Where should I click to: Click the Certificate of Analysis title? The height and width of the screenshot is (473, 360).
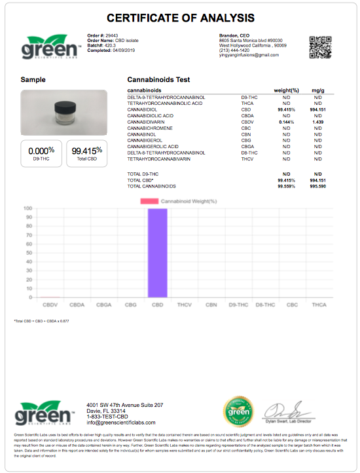click(180, 18)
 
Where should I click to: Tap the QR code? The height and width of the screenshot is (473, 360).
click(320, 47)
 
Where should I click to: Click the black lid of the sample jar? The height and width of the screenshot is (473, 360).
click(63, 104)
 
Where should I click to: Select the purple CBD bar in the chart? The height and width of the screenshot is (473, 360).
click(157, 253)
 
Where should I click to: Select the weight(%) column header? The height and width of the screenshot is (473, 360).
click(285, 90)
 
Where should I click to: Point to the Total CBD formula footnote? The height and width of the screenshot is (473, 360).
click(43, 321)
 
